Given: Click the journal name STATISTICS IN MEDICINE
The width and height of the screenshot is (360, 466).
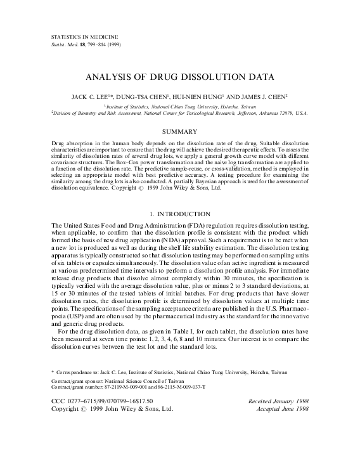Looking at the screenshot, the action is [x=77, y=39].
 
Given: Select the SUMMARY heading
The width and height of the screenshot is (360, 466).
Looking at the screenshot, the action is [x=180, y=131].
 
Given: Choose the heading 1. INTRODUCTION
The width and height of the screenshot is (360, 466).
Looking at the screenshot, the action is [x=179, y=214].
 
